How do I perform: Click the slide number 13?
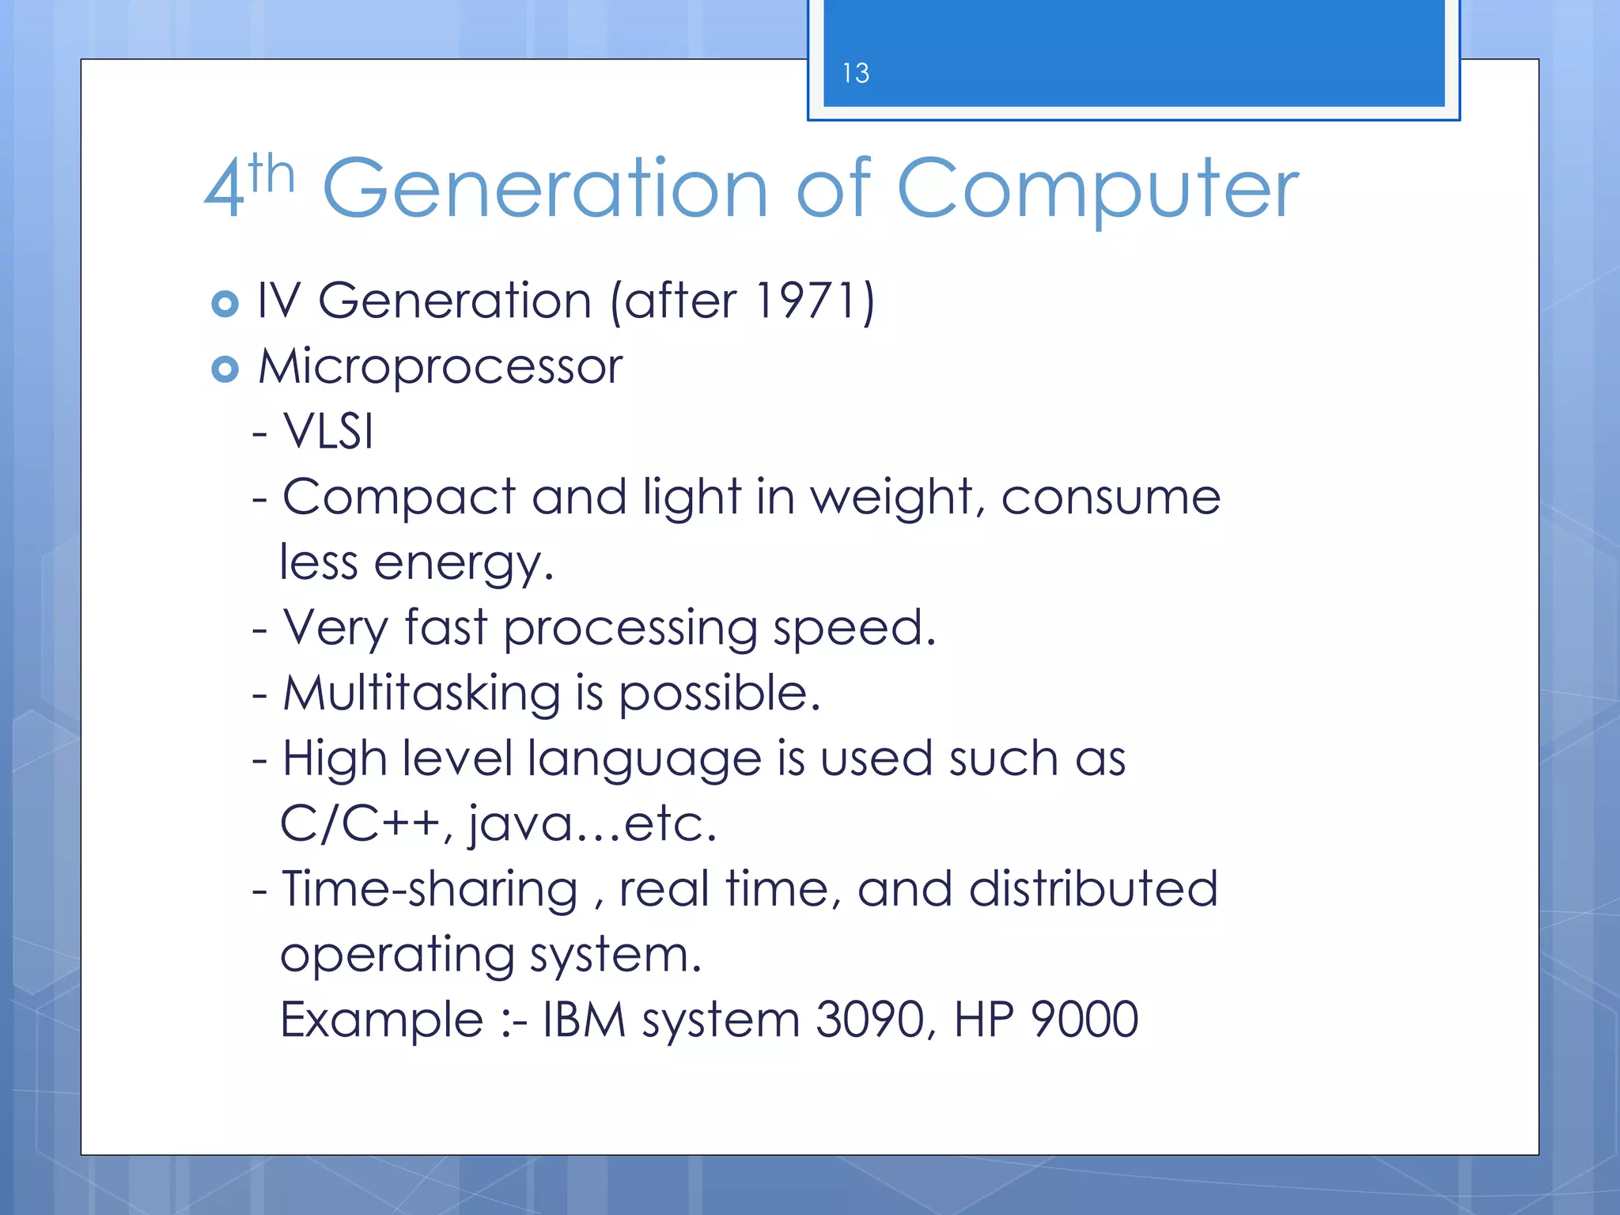(x=855, y=74)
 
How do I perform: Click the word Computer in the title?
(x=1097, y=190)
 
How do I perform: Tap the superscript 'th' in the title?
(x=271, y=174)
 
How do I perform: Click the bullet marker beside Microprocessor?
(x=225, y=369)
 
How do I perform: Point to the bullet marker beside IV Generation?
(x=225, y=304)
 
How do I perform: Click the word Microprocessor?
(x=441, y=368)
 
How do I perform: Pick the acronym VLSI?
(x=327, y=432)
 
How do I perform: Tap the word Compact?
(x=399, y=498)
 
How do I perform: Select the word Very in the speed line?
(x=335, y=629)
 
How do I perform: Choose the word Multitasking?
(x=422, y=694)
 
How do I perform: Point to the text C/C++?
(x=360, y=824)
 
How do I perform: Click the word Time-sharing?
(x=430, y=890)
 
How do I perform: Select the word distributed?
(x=1093, y=889)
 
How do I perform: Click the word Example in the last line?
(x=381, y=1020)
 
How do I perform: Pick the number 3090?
(x=870, y=1020)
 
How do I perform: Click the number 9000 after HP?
(x=1084, y=1020)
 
